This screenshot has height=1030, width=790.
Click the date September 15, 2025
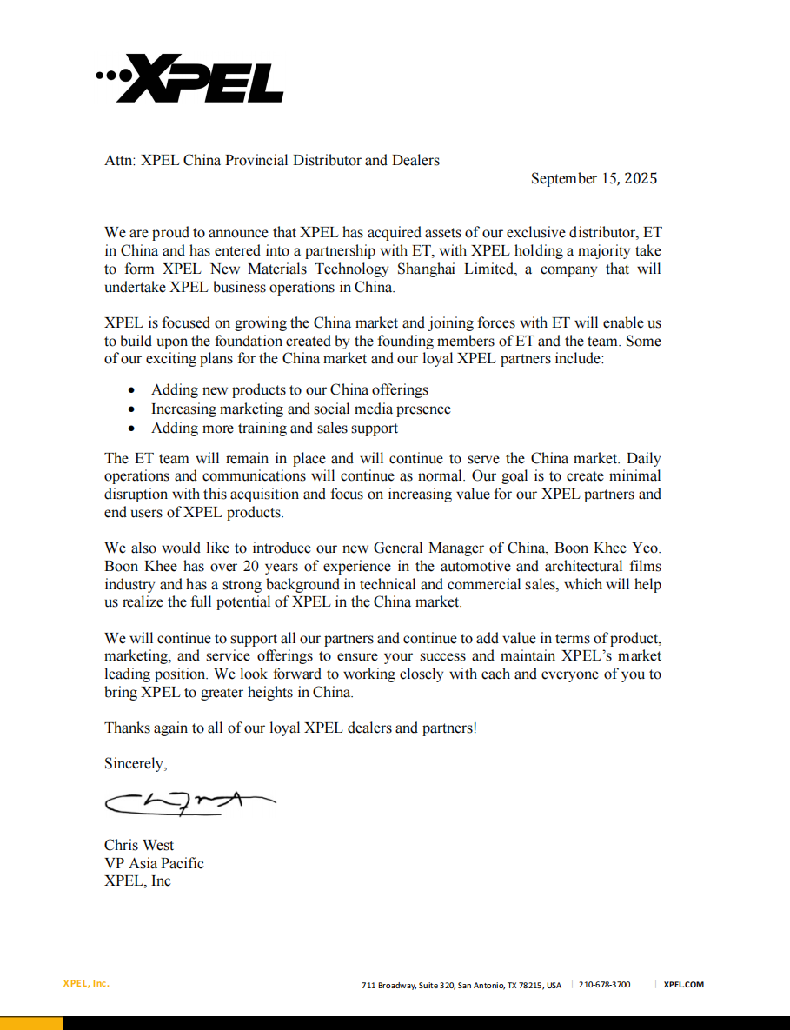tap(594, 179)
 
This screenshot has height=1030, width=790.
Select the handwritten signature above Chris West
tap(188, 803)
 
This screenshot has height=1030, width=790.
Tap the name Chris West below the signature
tap(139, 845)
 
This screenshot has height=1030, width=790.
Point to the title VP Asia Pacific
tap(154, 863)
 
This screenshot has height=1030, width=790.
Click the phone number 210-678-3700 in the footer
tap(604, 985)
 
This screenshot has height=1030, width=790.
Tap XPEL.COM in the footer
tap(683, 985)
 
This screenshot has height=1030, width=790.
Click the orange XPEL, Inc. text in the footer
tap(86, 984)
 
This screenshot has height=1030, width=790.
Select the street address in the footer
tap(461, 985)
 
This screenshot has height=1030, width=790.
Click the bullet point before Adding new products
tap(131, 391)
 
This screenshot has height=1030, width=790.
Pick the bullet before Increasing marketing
tap(131, 409)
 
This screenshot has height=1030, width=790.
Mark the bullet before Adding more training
tap(131, 429)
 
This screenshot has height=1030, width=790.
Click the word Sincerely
tap(135, 763)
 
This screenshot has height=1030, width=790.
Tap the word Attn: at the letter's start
tap(120, 160)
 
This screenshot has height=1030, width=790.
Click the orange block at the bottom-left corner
tap(31, 1023)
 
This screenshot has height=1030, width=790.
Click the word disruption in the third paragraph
tap(139, 495)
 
